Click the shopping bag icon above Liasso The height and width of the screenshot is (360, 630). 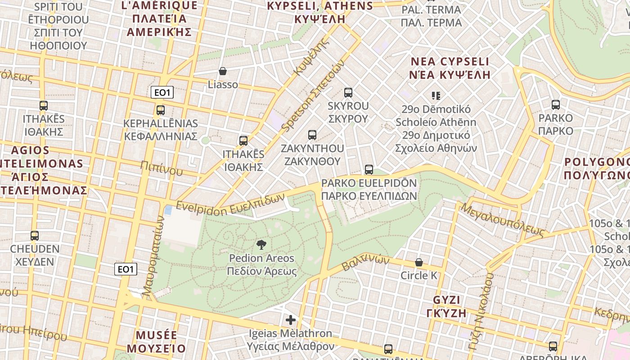(x=222, y=71)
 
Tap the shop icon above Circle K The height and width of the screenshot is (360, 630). (x=419, y=262)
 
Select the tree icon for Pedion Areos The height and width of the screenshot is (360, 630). (x=261, y=245)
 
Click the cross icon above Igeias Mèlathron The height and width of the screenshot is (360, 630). (x=291, y=320)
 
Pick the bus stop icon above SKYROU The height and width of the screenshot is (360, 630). (x=348, y=93)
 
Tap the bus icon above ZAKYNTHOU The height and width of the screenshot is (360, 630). (x=312, y=135)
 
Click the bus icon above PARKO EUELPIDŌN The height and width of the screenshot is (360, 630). (x=369, y=169)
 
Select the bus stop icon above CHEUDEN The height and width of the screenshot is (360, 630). (x=34, y=235)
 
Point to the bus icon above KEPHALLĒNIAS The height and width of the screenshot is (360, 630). (x=160, y=110)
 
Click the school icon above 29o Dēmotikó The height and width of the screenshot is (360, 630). (x=436, y=95)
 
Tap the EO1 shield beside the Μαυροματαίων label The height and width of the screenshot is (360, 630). (x=126, y=269)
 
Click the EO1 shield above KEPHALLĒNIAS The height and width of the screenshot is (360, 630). (x=162, y=93)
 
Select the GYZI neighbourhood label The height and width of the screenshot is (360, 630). (x=446, y=300)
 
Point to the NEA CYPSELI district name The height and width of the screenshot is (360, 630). (x=450, y=62)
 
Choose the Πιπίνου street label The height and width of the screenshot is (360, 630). (x=162, y=168)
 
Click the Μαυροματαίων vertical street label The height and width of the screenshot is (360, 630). (x=153, y=256)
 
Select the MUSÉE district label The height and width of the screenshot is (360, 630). (x=156, y=335)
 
